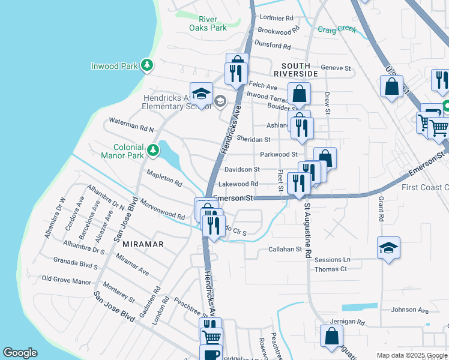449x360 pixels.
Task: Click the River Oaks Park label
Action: pyautogui.click(x=208, y=23)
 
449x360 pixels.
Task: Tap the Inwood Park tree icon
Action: pyautogui.click(x=146, y=65)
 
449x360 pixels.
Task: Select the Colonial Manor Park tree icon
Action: pyautogui.click(x=154, y=150)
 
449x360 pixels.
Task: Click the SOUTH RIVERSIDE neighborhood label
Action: pyautogui.click(x=292, y=70)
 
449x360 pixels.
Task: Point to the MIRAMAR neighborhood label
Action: pyautogui.click(x=143, y=245)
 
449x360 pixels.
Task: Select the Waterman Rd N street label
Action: pyautogui.click(x=131, y=125)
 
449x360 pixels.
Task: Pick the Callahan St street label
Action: pyautogui.click(x=285, y=249)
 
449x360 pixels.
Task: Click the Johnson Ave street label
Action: pyautogui.click(x=410, y=310)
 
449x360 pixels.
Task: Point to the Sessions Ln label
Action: pyautogui.click(x=332, y=260)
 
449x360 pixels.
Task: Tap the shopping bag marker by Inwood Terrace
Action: pyautogui.click(x=299, y=93)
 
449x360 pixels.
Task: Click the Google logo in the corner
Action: pyautogui.click(x=20, y=353)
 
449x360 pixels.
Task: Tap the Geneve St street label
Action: pyautogui.click(x=336, y=68)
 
